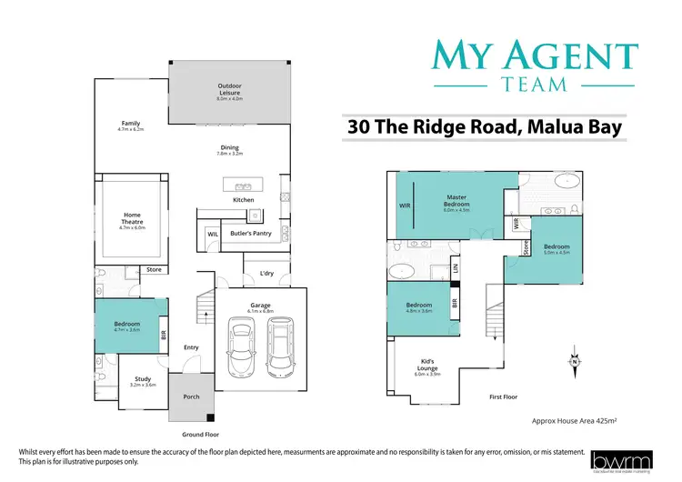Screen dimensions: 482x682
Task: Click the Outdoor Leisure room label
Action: point(228,88)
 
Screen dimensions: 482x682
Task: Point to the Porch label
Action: point(191,396)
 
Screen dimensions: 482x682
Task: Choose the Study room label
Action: point(142,380)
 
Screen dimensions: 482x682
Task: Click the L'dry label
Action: point(266,273)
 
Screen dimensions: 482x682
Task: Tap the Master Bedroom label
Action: point(456,199)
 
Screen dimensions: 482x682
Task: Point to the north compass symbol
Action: point(575,360)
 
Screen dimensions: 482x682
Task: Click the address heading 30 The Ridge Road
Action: point(484,127)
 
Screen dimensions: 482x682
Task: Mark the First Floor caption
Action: point(504,397)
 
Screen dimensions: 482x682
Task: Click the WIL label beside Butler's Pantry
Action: point(212,234)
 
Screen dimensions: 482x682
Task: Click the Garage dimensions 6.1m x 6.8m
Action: point(261,311)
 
